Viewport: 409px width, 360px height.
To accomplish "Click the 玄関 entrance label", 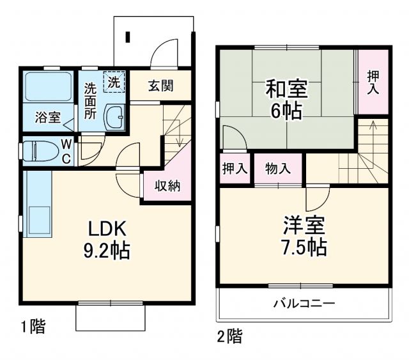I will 160,86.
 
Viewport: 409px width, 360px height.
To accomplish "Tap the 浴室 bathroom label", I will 47,118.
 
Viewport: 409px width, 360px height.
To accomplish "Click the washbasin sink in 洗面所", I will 115,118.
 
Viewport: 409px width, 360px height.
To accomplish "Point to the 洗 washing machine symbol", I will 113,82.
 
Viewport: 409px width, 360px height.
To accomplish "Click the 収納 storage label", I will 166,187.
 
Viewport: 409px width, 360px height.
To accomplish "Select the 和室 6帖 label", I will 286,98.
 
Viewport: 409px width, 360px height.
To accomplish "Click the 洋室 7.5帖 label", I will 304,235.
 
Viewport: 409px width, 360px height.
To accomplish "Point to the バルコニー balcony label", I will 304,302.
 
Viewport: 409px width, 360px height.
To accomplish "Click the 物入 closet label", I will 278,169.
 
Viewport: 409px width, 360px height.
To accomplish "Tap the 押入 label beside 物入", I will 235,169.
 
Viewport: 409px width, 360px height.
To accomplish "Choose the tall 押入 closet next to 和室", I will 373,82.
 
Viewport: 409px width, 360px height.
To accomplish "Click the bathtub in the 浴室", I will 49,88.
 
